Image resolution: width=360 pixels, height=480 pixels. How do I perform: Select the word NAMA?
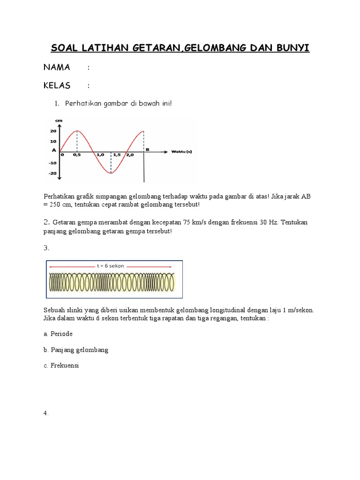point(57,67)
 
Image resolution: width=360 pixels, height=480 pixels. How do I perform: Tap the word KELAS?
point(57,85)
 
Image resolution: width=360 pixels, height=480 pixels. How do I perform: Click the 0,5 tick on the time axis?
point(77,155)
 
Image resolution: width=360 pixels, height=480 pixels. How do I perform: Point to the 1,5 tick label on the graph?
point(116,155)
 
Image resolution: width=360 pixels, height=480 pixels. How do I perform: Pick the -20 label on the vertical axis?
point(52,173)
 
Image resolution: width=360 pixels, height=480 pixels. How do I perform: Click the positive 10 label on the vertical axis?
point(53,141)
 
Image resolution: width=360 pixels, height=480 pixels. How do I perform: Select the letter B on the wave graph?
point(148,149)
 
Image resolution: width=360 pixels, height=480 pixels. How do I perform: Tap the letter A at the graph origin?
point(54,150)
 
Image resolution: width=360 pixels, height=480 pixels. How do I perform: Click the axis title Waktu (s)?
point(181,151)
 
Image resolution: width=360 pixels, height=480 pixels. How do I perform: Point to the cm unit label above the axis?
point(59,120)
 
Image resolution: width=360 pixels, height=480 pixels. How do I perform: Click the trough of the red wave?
point(111,173)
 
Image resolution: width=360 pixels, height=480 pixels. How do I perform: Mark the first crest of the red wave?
point(77,131)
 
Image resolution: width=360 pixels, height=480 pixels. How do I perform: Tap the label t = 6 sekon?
point(112,265)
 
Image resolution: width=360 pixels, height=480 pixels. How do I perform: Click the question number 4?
point(46,413)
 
